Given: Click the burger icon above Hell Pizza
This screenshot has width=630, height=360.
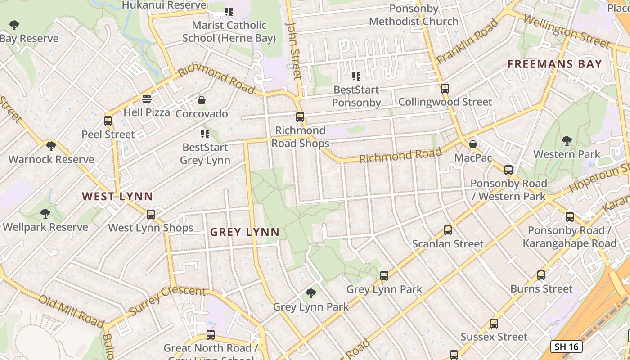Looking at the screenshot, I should (x=146, y=99).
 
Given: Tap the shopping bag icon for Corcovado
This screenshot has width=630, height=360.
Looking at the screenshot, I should (x=202, y=100).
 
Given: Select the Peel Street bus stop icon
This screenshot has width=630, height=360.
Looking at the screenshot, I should (x=108, y=121).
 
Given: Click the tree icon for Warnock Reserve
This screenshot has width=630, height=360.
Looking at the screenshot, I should (x=51, y=146).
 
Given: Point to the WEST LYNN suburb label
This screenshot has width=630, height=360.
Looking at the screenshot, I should (x=117, y=196).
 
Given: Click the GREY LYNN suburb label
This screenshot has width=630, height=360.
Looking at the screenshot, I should (x=245, y=232).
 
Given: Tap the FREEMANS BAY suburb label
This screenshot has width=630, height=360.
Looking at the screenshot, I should (x=554, y=64).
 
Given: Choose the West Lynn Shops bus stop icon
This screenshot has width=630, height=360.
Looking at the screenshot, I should (x=151, y=214).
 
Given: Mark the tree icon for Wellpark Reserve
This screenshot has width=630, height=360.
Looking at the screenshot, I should (x=45, y=214).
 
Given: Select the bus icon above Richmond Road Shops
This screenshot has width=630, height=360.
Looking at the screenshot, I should (x=300, y=117).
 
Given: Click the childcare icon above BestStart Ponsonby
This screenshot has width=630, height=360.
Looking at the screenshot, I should (x=356, y=76).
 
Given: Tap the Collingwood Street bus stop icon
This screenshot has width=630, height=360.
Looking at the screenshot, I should (x=445, y=89).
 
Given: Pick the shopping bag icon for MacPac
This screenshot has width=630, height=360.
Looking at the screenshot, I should (x=473, y=144).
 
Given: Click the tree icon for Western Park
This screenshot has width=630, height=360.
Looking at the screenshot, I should (x=567, y=141).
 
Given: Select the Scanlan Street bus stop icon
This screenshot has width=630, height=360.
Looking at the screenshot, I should (x=448, y=230).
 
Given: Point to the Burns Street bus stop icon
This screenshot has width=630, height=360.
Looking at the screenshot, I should (x=541, y=275).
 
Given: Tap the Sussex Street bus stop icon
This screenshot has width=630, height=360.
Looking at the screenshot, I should (x=494, y=323).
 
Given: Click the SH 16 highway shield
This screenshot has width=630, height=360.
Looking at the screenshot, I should (x=567, y=346).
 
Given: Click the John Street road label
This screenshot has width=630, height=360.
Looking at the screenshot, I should (x=293, y=50).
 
